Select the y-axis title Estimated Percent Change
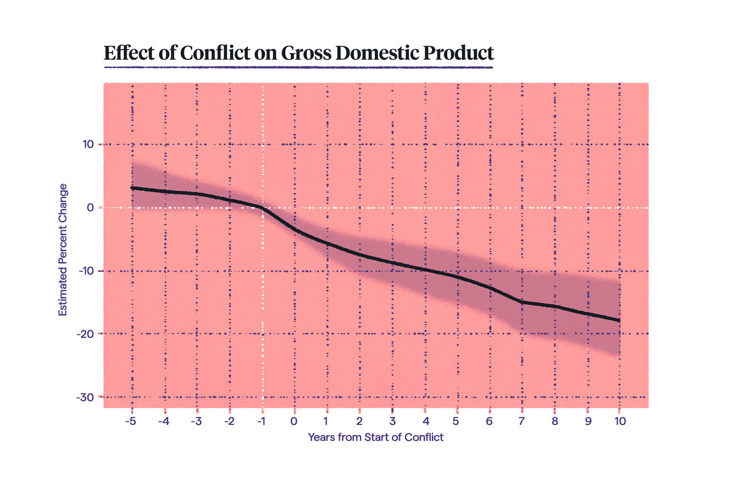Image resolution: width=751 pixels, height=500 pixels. [63, 250]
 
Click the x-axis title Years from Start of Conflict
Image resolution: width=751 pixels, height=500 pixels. [376, 437]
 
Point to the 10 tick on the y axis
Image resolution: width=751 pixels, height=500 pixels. [88, 144]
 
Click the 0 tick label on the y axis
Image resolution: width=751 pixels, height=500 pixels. [90, 207]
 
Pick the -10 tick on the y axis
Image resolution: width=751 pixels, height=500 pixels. [86, 271]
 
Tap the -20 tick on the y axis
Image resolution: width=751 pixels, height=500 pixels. [86, 334]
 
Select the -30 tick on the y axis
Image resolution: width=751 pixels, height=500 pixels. [86, 397]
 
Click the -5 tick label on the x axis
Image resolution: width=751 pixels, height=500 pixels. [130, 421]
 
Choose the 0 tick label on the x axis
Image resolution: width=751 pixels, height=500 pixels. [294, 421]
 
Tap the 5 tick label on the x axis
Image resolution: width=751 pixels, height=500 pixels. [456, 421]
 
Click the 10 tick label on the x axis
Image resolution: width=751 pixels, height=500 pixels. [620, 421]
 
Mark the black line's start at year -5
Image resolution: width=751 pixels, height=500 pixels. [132, 188]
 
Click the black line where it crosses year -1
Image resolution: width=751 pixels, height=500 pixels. [262, 207]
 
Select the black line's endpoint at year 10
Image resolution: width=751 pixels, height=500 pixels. [620, 320]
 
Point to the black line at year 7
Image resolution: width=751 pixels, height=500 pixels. [521, 302]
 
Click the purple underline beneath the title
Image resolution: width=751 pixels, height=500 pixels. [298, 68]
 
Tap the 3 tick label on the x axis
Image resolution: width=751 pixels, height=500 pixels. [392, 421]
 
